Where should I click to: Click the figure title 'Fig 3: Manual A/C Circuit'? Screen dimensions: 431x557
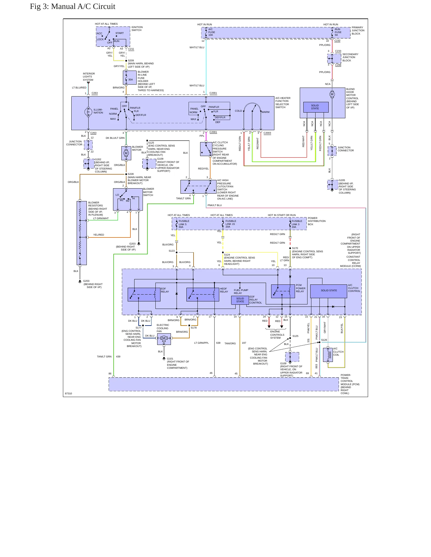(x=72, y=7)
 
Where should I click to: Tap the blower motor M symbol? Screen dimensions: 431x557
(x=126, y=153)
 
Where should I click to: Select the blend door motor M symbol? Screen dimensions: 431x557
(x=332, y=94)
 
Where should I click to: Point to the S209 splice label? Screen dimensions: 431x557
(x=131, y=60)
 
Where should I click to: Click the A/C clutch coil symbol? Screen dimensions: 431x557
(x=328, y=354)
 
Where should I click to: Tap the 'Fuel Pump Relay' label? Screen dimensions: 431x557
(x=241, y=292)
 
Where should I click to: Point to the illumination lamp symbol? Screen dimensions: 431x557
(x=88, y=112)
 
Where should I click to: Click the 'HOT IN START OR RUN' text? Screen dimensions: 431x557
(x=282, y=215)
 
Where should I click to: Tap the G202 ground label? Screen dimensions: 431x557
(x=98, y=159)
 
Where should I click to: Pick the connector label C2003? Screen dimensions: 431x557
(x=267, y=133)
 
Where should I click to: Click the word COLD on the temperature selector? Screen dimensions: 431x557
(x=238, y=111)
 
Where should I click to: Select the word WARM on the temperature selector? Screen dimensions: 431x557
(x=265, y=112)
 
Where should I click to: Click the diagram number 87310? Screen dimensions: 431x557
(x=68, y=393)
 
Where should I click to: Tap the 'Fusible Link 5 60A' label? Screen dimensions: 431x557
(x=184, y=224)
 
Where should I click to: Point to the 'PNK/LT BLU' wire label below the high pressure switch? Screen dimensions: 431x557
(x=214, y=205)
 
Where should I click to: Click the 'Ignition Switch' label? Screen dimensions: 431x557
(x=137, y=29)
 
